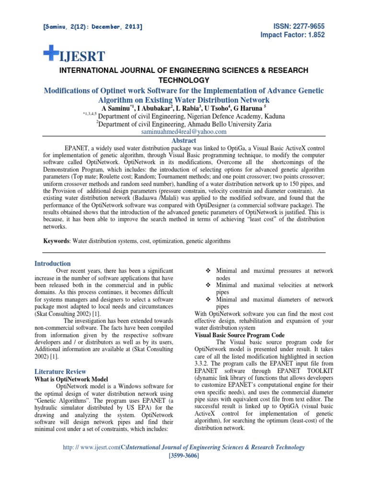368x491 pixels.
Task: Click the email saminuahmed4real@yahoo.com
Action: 184,132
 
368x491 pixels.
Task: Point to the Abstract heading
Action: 184,140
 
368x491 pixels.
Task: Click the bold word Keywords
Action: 53,241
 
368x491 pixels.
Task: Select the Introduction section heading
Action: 53,264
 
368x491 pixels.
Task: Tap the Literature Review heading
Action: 60,372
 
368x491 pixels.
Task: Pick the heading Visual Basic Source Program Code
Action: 240,335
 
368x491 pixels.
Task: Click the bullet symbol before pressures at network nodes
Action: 207,271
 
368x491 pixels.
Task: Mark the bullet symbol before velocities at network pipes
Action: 207,285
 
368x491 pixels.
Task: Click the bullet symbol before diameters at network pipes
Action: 207,300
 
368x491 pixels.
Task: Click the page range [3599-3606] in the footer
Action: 184,456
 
